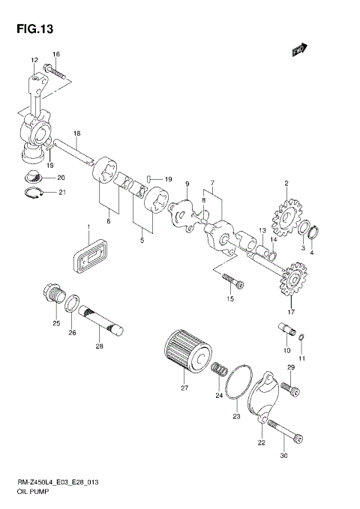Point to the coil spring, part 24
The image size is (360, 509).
click(x=220, y=370)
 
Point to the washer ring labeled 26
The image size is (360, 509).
click(x=73, y=304)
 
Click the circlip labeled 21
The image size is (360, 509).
click(x=30, y=193)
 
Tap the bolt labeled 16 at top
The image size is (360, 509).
click(x=56, y=73)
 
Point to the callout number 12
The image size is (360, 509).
click(x=34, y=59)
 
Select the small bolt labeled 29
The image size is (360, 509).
click(x=295, y=389)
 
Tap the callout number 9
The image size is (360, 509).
click(x=187, y=184)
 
